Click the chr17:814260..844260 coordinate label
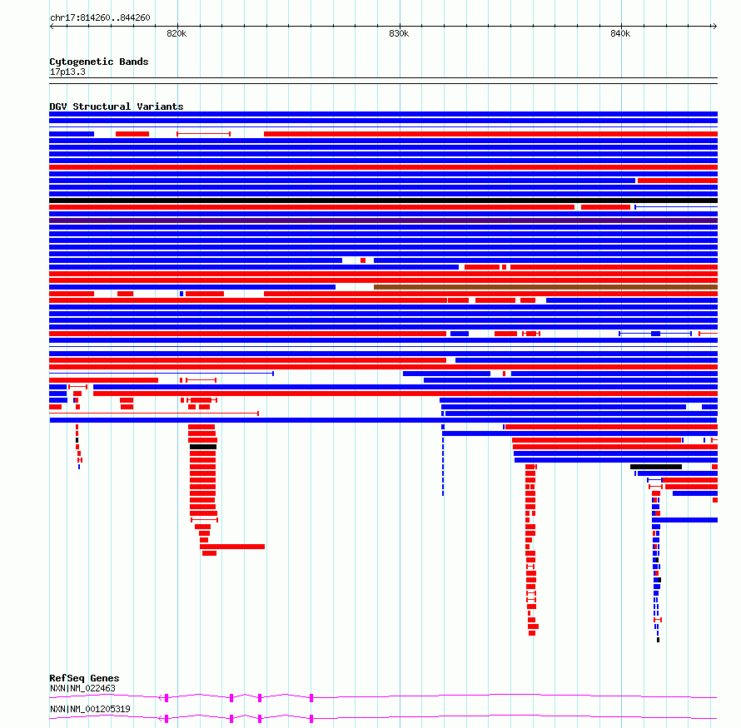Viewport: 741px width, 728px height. point(100,17)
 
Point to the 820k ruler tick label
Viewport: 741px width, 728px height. point(177,34)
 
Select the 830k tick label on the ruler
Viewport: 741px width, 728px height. point(399,34)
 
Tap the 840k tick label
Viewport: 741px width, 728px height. point(620,34)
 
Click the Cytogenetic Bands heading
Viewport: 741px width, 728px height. point(98,62)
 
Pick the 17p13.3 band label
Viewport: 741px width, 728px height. point(67,72)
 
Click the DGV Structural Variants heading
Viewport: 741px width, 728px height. point(116,106)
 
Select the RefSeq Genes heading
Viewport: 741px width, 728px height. point(84,679)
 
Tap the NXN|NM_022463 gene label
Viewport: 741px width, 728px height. point(82,689)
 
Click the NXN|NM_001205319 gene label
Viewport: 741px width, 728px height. point(90,709)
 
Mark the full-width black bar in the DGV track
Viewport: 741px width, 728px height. point(383,201)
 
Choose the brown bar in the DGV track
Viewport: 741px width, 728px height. point(545,287)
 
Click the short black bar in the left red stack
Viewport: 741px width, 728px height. point(202,447)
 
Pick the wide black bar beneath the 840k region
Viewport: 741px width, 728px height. point(656,467)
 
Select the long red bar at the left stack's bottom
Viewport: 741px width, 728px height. point(232,547)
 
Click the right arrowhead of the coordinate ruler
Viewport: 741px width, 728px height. point(714,26)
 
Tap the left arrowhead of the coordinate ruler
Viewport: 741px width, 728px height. point(52,26)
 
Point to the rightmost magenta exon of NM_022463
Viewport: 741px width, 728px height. point(311,697)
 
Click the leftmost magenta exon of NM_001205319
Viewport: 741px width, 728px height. point(167,718)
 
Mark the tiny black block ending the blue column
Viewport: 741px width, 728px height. point(658,640)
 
